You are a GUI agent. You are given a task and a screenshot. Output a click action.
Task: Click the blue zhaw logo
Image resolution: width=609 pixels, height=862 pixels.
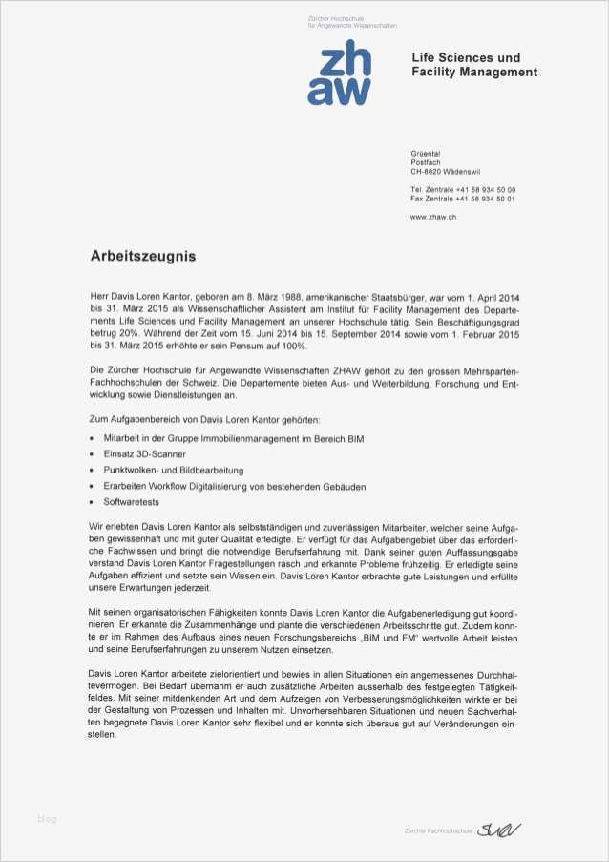tap(339, 74)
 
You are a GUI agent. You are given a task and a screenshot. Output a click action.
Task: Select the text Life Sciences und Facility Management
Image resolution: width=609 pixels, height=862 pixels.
tap(473, 65)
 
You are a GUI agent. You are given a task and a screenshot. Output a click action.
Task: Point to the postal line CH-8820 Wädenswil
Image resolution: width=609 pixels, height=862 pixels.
tap(446, 172)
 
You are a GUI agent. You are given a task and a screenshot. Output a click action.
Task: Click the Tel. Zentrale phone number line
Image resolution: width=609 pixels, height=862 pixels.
tap(462, 190)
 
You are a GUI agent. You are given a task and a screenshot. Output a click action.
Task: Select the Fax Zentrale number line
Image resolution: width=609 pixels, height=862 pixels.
tap(462, 199)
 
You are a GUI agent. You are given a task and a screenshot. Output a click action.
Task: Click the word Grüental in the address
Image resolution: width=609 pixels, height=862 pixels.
tap(425, 154)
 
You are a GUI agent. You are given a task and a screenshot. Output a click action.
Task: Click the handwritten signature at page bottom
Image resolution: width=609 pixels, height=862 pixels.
tap(499, 829)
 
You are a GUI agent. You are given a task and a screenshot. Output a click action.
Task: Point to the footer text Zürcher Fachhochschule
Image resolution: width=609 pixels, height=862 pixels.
tap(438, 831)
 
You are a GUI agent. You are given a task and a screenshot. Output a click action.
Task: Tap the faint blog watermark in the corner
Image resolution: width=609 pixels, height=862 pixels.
tap(47, 818)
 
